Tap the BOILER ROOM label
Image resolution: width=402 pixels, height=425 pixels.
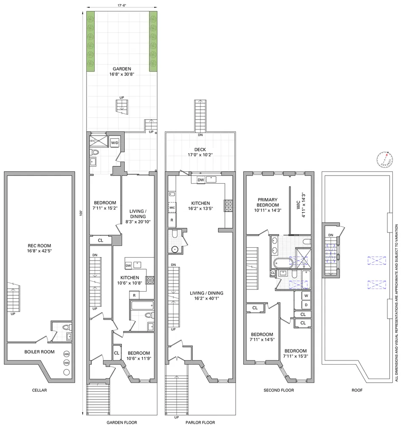29,351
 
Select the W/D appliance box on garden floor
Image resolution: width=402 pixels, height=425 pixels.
115,143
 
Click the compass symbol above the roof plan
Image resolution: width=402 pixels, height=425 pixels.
383,159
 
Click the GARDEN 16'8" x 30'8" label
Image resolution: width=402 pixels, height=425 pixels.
121,71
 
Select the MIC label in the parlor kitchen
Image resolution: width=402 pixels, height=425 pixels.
172,208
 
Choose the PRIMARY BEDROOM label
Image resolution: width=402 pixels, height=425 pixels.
267,204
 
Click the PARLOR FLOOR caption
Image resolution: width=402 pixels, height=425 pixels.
200,422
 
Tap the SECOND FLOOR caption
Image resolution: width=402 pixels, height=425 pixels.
278,390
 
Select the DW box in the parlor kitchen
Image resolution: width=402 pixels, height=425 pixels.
201,180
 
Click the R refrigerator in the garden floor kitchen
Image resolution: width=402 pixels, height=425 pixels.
134,295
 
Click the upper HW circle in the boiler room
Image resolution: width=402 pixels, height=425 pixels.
67,354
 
